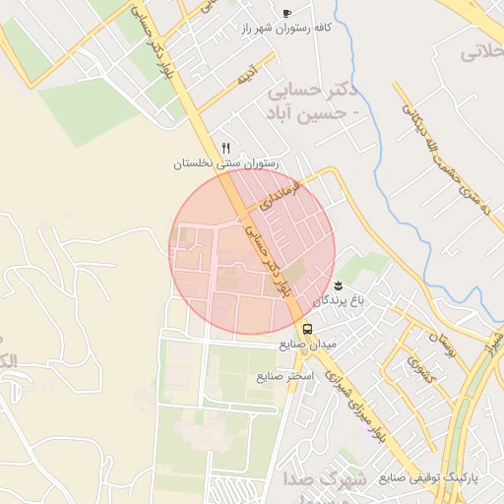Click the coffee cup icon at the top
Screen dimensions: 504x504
[x=286, y=13]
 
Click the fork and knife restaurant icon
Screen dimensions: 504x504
[x=226, y=148]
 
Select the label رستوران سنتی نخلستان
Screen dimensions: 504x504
[x=226, y=163]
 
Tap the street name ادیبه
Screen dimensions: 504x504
[x=242, y=75]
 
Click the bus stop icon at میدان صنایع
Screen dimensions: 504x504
[x=307, y=329]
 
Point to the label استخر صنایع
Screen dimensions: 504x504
[x=284, y=376]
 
